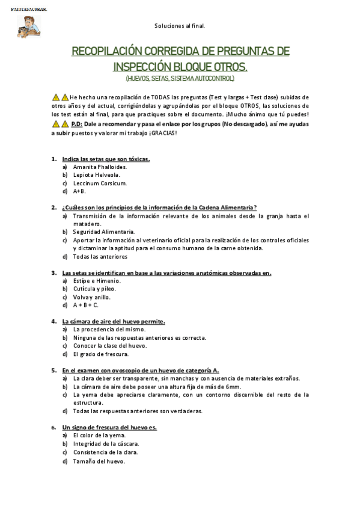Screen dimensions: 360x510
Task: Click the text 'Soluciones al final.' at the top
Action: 180,26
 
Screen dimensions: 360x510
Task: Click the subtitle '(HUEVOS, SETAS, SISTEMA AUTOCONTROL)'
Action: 180,78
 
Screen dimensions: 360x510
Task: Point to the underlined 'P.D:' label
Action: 76,123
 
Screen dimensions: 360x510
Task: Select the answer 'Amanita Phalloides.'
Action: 100,167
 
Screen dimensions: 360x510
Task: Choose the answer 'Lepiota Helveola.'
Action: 96,175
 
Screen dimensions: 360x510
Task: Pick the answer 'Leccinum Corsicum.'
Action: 99,183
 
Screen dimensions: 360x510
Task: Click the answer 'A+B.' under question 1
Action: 79,191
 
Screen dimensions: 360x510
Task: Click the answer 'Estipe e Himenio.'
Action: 97,280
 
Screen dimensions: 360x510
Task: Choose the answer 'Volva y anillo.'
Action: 92,296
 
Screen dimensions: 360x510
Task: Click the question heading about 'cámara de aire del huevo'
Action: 114,321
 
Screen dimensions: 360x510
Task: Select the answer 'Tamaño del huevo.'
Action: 99,461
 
